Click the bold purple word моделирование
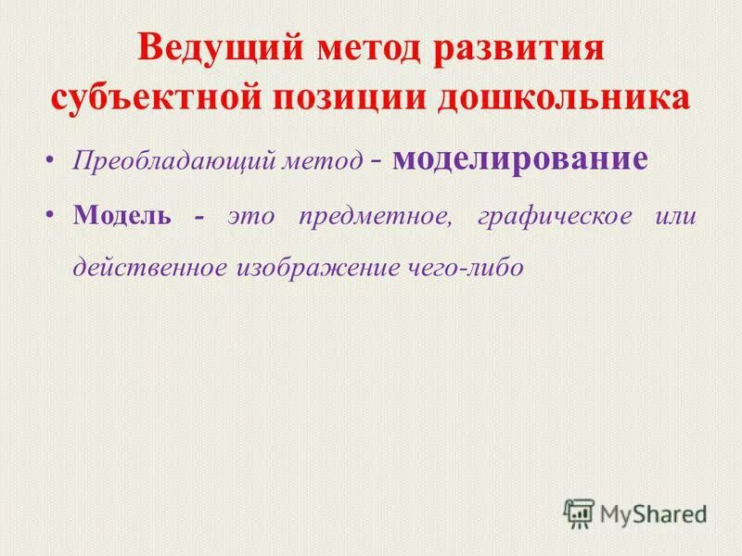[518, 158]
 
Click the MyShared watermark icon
[580, 512]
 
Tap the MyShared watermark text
[653, 512]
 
